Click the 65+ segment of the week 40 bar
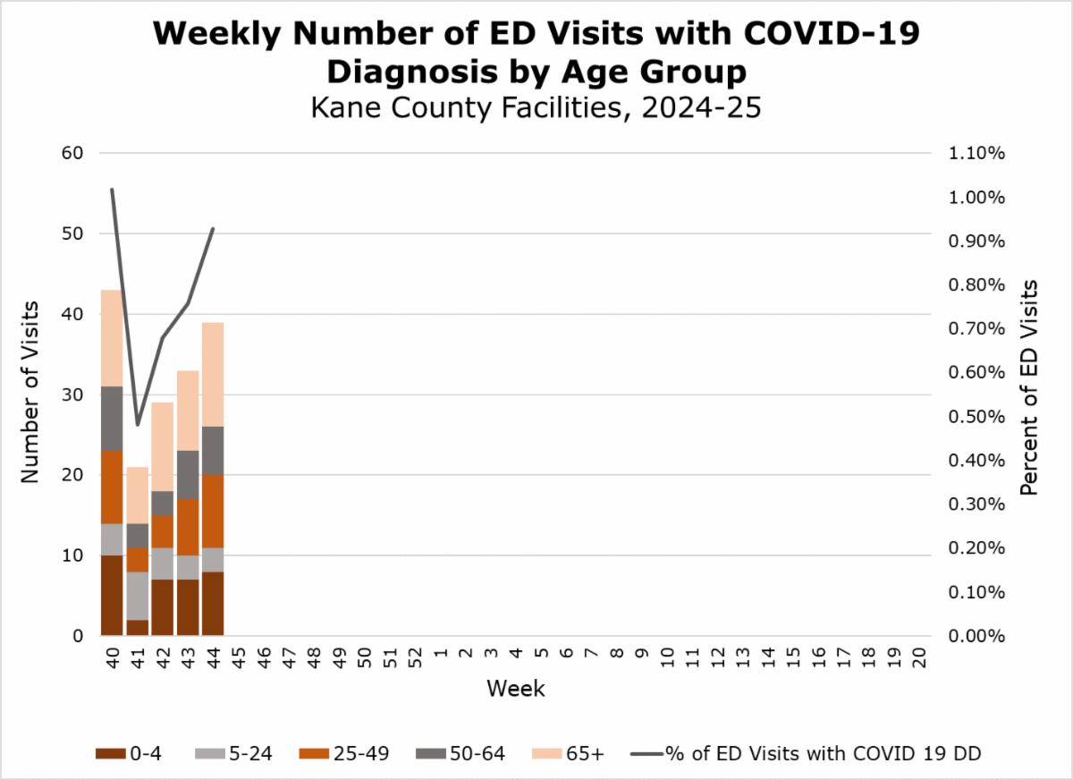(x=112, y=338)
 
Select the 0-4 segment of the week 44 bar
(x=213, y=604)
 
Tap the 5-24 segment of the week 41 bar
(x=137, y=596)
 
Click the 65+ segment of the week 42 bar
(x=162, y=446)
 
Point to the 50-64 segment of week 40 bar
(x=112, y=418)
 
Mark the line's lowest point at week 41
(x=138, y=425)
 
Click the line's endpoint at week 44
(x=213, y=229)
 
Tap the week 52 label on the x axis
(x=415, y=659)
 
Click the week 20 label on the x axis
(x=918, y=659)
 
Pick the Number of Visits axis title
(x=30, y=394)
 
